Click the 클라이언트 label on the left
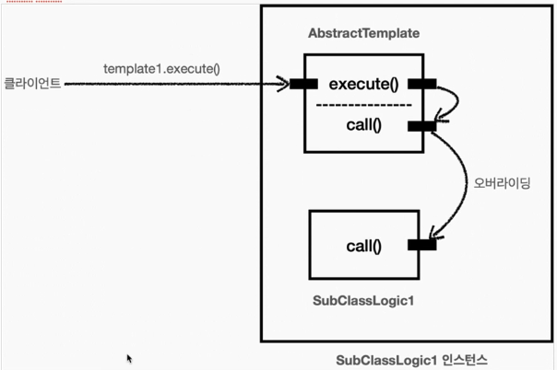tap(32, 84)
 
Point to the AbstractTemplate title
tap(363, 34)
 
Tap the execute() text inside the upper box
tap(363, 85)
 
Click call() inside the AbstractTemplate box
tap(363, 125)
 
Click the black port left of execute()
tap(304, 85)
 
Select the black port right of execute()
tap(421, 85)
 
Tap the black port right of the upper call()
tap(421, 126)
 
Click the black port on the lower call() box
tap(421, 245)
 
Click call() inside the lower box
tap(363, 246)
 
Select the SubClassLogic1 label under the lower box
tap(363, 301)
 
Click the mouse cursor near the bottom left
tap(129, 358)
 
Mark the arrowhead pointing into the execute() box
tap(285, 85)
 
